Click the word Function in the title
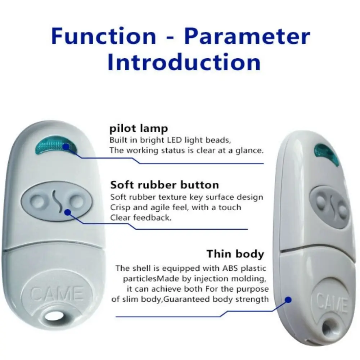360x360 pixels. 104,36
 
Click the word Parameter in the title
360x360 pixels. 247,36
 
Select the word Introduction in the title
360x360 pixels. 184,62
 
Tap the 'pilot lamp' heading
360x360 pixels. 139,129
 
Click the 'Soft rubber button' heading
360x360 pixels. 165,185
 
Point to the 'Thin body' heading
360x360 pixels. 235,254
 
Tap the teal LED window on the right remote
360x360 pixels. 327,154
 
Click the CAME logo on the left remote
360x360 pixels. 57,293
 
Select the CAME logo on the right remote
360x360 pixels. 332,303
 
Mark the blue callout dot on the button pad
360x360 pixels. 68,213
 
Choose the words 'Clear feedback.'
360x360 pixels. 141,218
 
